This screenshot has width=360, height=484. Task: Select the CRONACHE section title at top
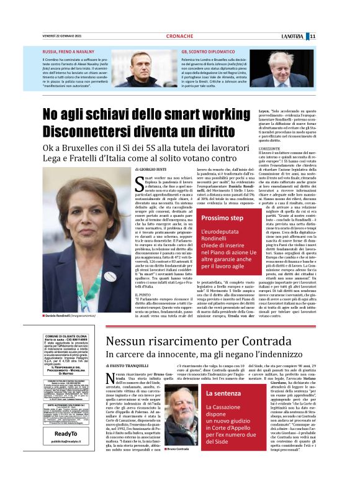(x=180, y=36)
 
